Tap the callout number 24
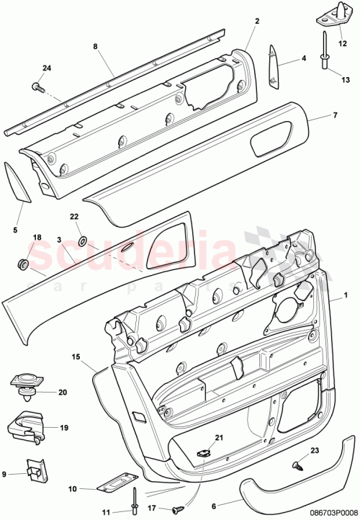pyautogui.click(x=47, y=68)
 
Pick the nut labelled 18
pyautogui.click(x=21, y=264)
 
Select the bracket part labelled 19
pyautogui.click(x=24, y=426)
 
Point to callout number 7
pyautogui.click(x=334, y=115)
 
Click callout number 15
pyautogui.click(x=76, y=357)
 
